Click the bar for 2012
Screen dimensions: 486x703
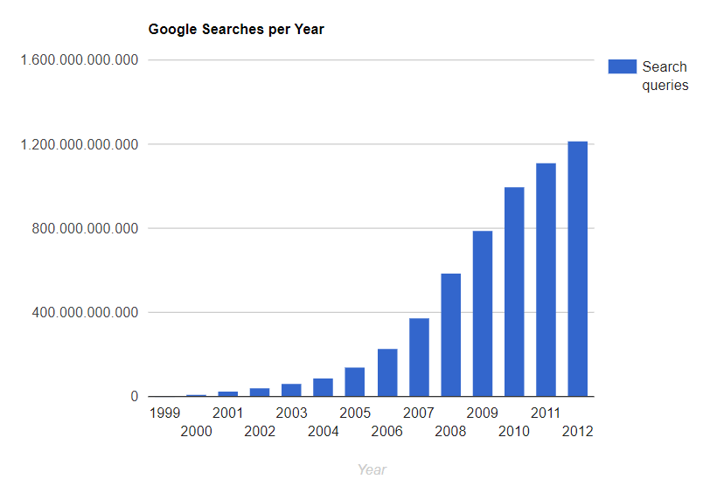[x=577, y=269]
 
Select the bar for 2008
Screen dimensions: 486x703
[x=450, y=335]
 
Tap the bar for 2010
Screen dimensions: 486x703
[x=514, y=292]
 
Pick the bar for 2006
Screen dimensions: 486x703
[x=387, y=372]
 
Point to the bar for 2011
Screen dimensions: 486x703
[x=546, y=280]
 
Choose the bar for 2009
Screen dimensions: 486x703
[x=483, y=313]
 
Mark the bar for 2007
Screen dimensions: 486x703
[x=419, y=358]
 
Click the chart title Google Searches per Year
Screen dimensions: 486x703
[x=236, y=30]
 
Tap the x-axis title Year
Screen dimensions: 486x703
[x=372, y=469]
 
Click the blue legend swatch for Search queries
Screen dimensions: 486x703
[x=622, y=66]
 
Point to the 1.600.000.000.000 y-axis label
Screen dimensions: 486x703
[x=79, y=60]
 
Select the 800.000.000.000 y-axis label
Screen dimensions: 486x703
[x=84, y=229]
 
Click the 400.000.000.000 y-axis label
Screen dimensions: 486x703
[x=84, y=313]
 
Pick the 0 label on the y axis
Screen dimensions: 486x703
[x=134, y=397]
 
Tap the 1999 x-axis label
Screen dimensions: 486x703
[x=164, y=413]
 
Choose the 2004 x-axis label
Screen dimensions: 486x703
[x=324, y=431]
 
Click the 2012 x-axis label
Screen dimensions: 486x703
[x=578, y=431]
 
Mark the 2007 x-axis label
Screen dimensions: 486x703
[x=419, y=413]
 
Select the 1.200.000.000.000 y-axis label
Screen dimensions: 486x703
[x=79, y=144]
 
